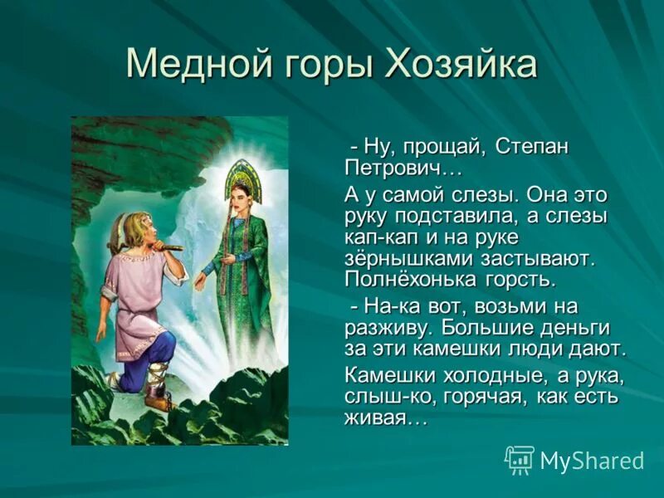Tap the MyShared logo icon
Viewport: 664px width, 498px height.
pyautogui.click(x=520, y=459)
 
